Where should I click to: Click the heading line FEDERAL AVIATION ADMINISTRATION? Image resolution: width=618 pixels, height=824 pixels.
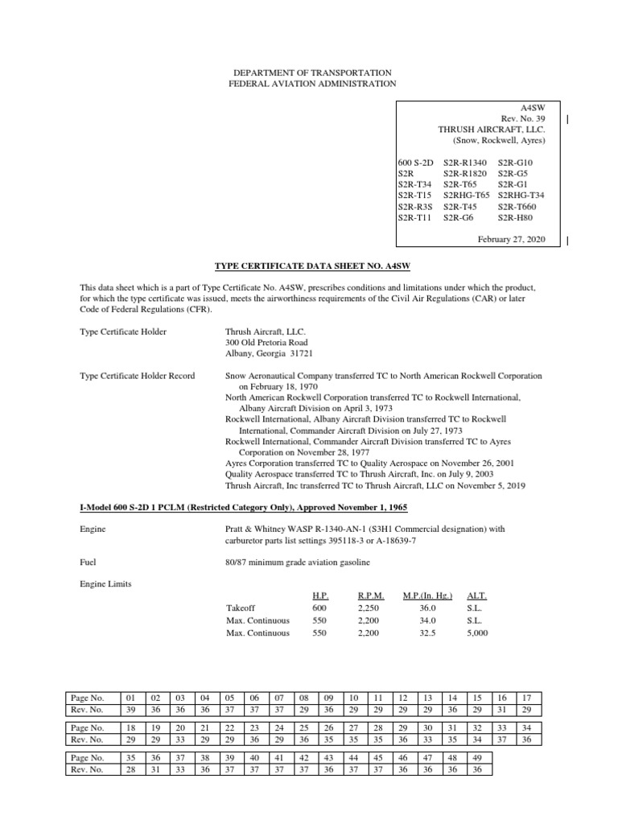(309, 83)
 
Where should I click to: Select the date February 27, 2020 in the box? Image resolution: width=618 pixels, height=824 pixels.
(511, 240)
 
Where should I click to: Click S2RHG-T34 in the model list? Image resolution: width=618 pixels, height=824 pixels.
(521, 195)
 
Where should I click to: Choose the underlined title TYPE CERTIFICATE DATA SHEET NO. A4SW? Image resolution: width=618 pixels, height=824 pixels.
(309, 265)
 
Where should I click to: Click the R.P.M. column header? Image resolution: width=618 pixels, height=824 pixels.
(370, 596)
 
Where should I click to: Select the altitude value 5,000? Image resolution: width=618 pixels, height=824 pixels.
(476, 632)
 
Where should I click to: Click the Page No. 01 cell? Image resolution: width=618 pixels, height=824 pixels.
(132, 697)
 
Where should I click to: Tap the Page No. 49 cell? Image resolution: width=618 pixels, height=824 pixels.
(478, 757)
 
